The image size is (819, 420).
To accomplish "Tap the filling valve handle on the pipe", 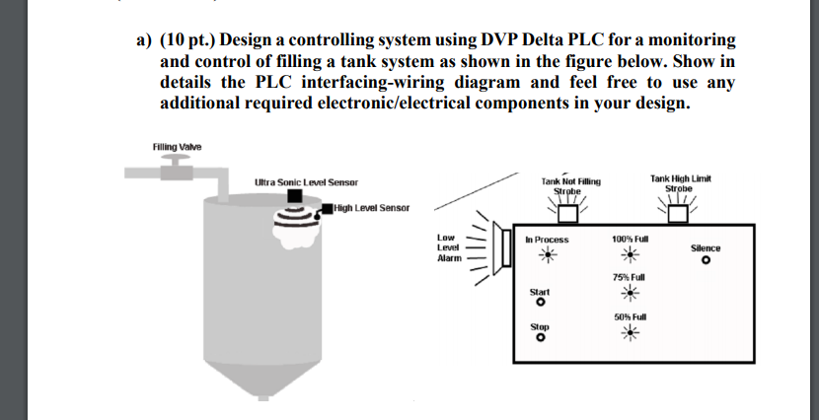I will (x=177, y=160).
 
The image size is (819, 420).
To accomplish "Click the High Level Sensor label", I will (x=370, y=208).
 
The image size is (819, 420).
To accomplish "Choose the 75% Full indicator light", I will (x=628, y=294).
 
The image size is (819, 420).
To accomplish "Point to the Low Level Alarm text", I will (x=448, y=247).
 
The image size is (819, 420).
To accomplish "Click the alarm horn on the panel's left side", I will (x=506, y=250).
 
